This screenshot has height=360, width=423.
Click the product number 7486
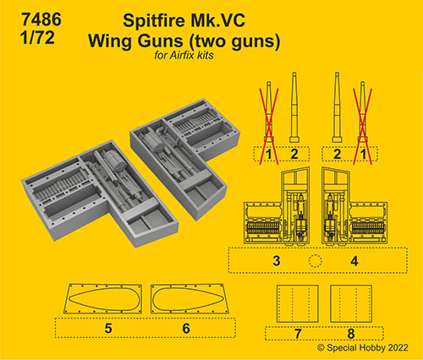(41, 19)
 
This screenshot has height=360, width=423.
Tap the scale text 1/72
(37, 38)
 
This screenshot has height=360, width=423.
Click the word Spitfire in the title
(153, 21)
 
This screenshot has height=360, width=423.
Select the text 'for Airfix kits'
(184, 55)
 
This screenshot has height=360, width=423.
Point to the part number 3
(277, 260)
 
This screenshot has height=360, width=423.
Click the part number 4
(354, 261)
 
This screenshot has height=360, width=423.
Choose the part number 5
(108, 329)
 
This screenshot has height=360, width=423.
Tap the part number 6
(186, 329)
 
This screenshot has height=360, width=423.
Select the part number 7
(298, 334)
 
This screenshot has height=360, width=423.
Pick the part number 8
(351, 334)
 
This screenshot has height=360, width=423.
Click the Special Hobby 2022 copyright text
(363, 348)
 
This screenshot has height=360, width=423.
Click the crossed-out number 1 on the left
(269, 154)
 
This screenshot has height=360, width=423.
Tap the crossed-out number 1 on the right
(363, 154)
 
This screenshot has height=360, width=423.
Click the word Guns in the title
(160, 41)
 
